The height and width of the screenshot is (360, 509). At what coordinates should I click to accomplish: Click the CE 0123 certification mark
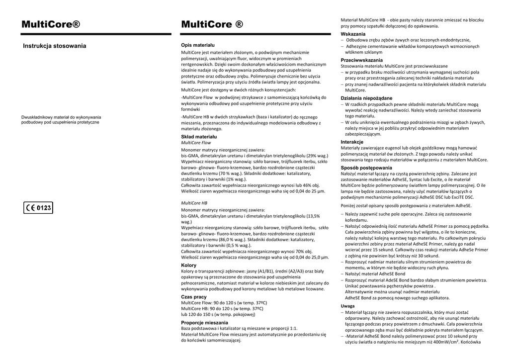point(38,208)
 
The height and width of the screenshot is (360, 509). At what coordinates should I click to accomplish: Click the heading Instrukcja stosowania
point(55,46)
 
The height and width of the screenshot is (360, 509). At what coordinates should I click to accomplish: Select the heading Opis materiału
point(198,45)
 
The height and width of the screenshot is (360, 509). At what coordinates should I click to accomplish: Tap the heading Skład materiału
point(199,136)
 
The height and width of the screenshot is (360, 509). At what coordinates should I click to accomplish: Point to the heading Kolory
point(189,265)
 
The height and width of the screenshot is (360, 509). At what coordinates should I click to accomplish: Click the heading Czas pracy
point(194,296)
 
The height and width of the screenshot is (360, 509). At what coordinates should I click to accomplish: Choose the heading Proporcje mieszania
point(205,322)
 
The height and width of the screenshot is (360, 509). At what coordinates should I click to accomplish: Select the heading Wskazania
point(353,34)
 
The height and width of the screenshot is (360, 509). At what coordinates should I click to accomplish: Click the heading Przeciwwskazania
point(361,60)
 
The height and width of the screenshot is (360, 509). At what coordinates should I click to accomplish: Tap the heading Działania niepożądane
point(366,98)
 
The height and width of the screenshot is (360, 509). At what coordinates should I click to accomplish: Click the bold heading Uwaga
point(348,306)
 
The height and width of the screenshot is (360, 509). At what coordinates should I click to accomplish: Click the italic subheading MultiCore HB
point(194,203)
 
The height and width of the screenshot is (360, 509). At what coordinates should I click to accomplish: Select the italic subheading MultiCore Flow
point(196,142)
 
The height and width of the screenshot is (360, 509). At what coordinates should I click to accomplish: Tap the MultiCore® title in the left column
point(51,25)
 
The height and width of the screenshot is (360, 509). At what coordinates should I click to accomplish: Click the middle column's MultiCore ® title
point(212,25)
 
